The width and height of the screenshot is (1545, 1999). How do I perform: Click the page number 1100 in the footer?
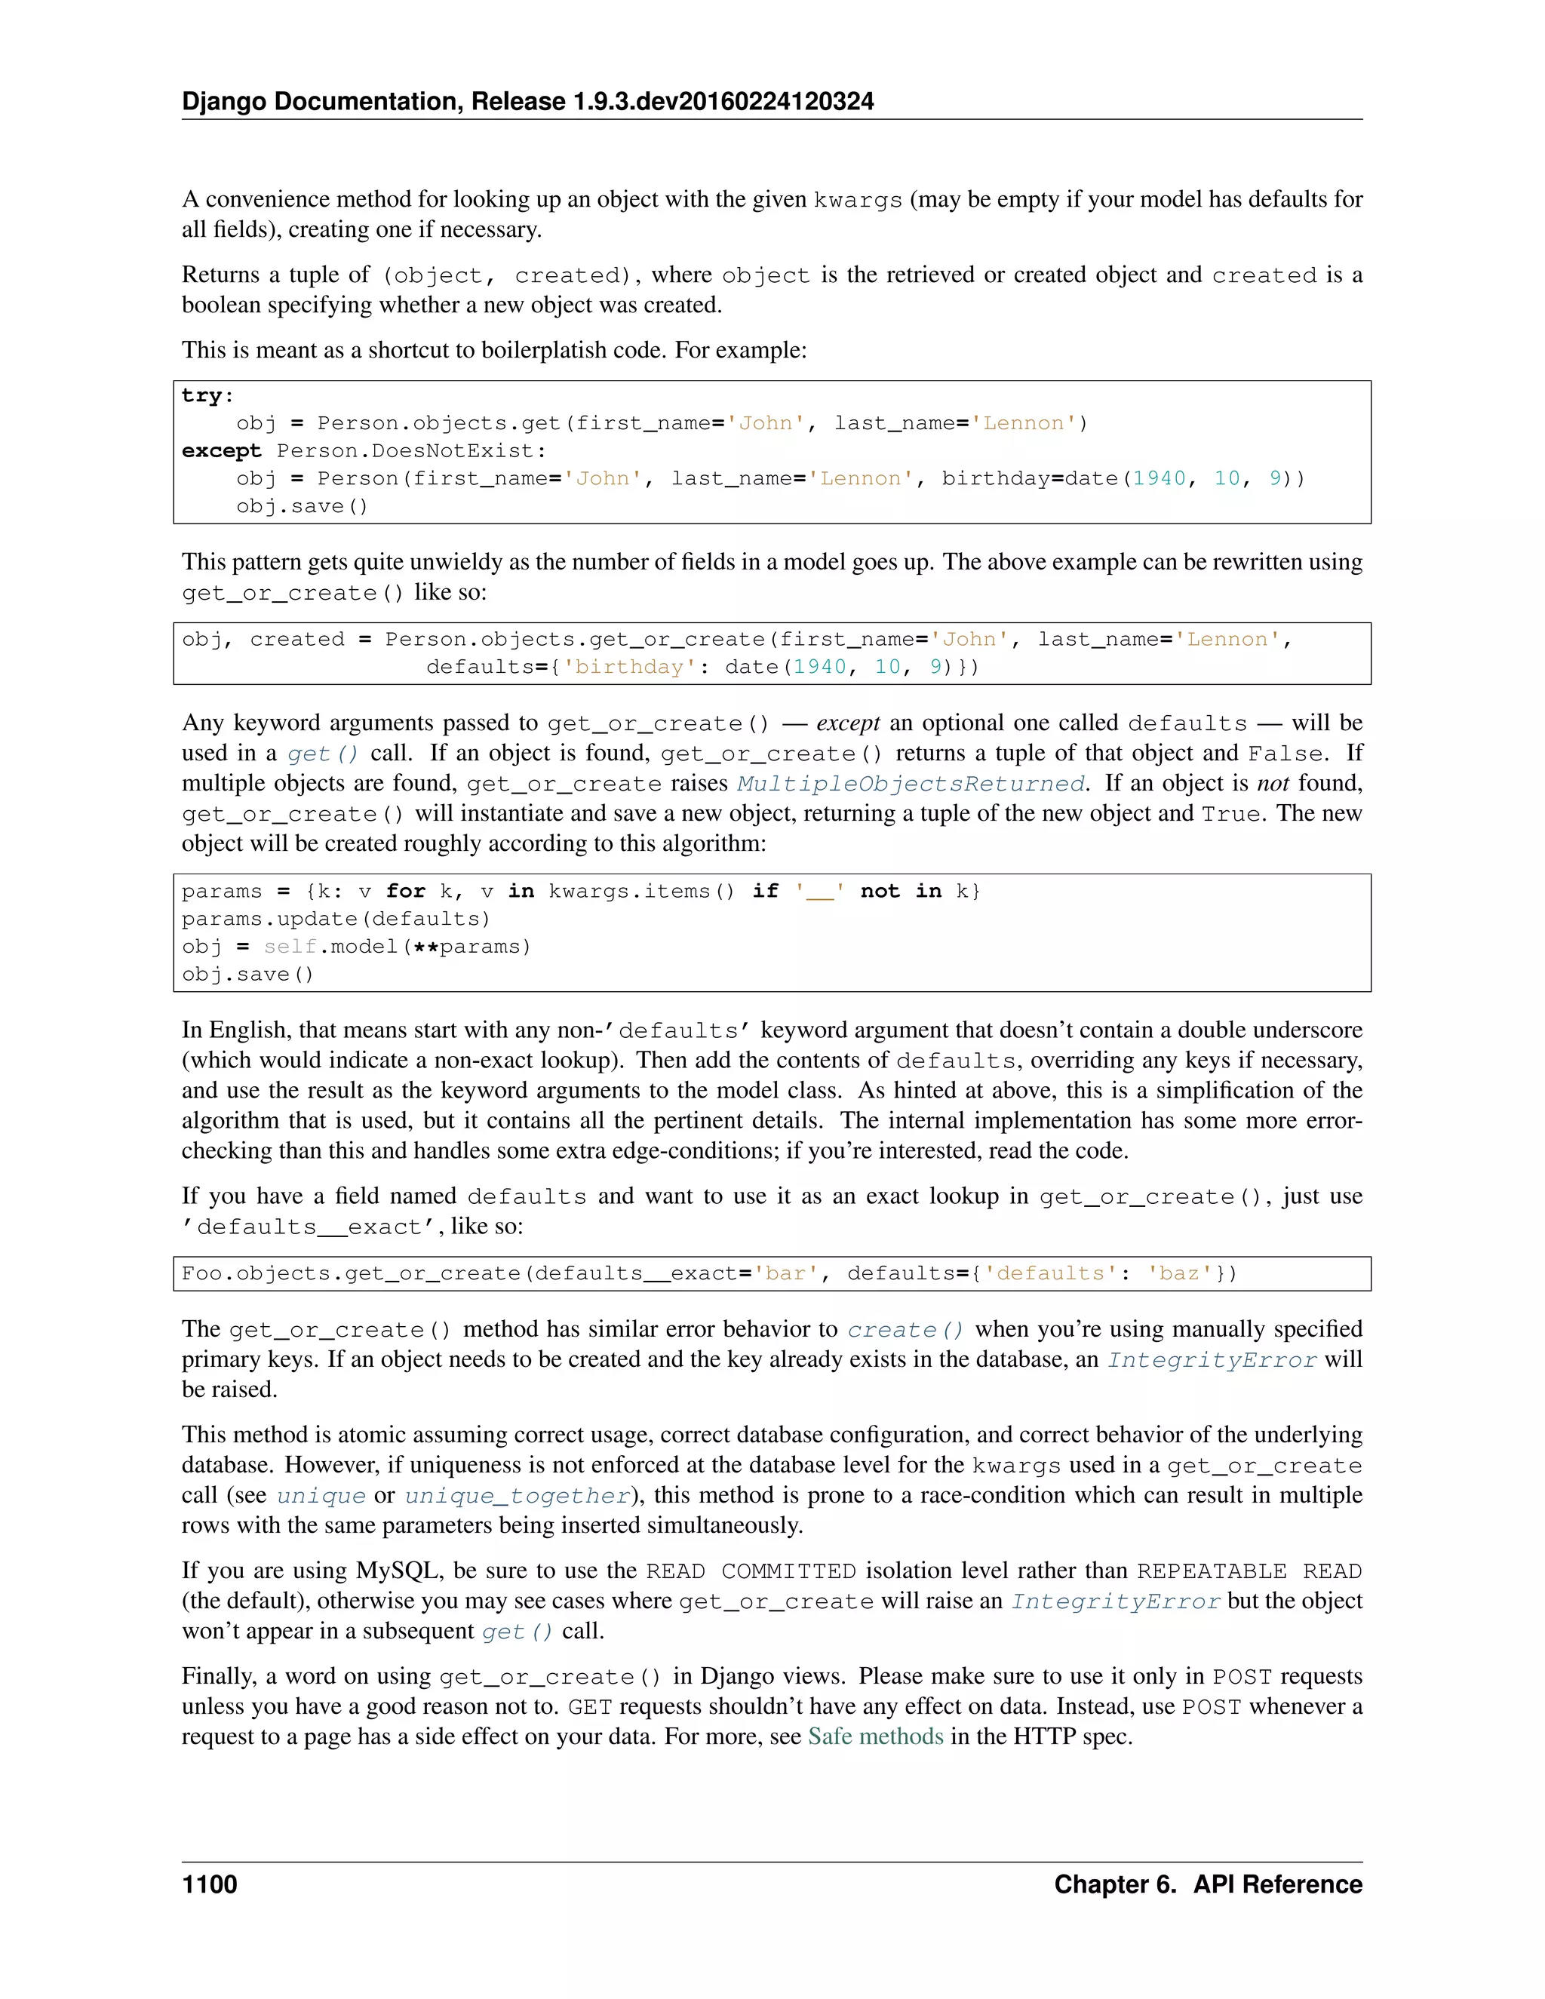click(x=210, y=1884)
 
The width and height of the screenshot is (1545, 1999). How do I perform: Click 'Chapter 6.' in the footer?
click(x=1114, y=1884)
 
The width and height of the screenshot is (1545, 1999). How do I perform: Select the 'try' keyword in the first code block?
click(x=202, y=395)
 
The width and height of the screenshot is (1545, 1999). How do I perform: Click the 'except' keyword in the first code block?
click(x=222, y=451)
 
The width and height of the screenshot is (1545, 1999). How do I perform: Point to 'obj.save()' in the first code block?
click(x=302, y=506)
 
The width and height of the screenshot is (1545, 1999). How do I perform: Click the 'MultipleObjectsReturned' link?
click(x=911, y=784)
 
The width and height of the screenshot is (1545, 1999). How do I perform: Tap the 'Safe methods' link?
click(x=875, y=1736)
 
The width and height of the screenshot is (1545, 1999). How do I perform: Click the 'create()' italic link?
click(x=905, y=1330)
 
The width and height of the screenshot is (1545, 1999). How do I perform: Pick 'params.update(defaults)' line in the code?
click(x=336, y=919)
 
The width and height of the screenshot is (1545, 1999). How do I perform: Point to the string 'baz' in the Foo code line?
click(x=1179, y=1274)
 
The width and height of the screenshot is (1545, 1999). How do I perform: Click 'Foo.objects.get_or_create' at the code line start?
click(x=351, y=1274)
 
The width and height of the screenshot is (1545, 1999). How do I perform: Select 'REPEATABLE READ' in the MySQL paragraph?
click(x=1249, y=1571)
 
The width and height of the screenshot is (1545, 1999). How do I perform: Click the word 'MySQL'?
click(x=399, y=1571)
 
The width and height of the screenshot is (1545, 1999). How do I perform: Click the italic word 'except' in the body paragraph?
click(x=847, y=723)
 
